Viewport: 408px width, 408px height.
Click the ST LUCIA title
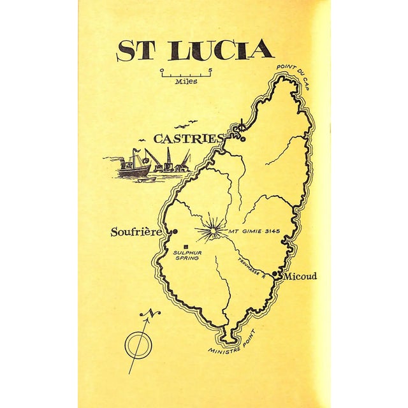click(195, 51)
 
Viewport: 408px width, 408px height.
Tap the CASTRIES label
click(189, 138)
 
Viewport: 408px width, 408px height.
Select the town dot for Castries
click(242, 138)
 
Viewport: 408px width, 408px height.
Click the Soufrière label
click(136, 232)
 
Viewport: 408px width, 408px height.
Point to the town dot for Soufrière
click(175, 231)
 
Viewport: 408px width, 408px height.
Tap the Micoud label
click(300, 276)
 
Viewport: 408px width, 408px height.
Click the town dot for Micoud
click(275, 274)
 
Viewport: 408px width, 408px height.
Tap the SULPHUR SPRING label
click(186, 255)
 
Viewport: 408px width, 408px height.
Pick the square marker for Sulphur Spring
click(186, 246)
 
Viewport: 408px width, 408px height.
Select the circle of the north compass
click(136, 345)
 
